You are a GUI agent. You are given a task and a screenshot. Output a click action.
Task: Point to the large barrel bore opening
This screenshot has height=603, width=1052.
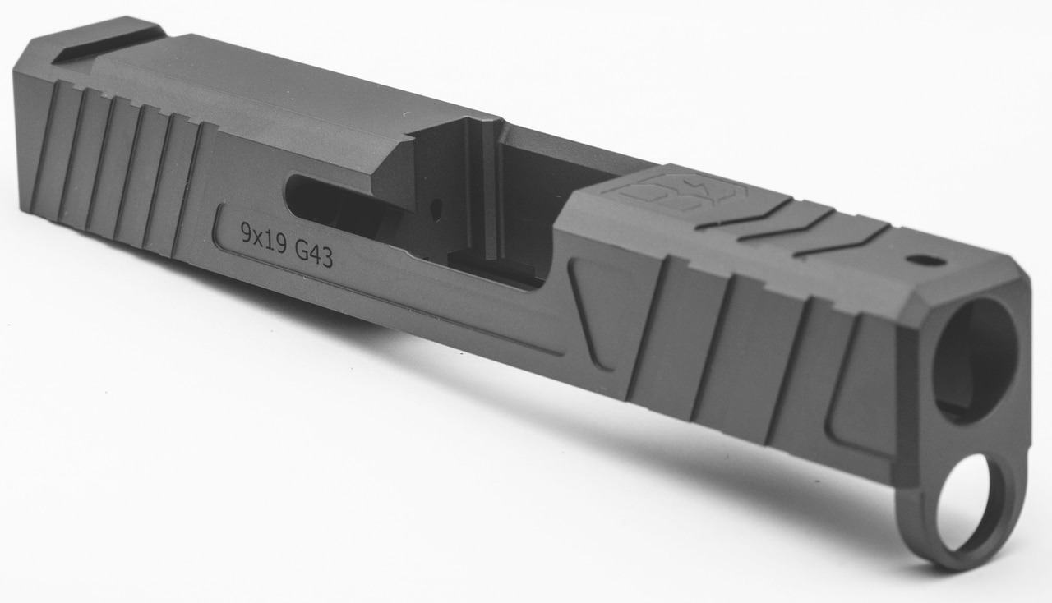tap(976, 360)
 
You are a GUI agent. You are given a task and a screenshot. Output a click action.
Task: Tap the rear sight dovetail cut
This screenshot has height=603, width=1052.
tap(108, 45)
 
